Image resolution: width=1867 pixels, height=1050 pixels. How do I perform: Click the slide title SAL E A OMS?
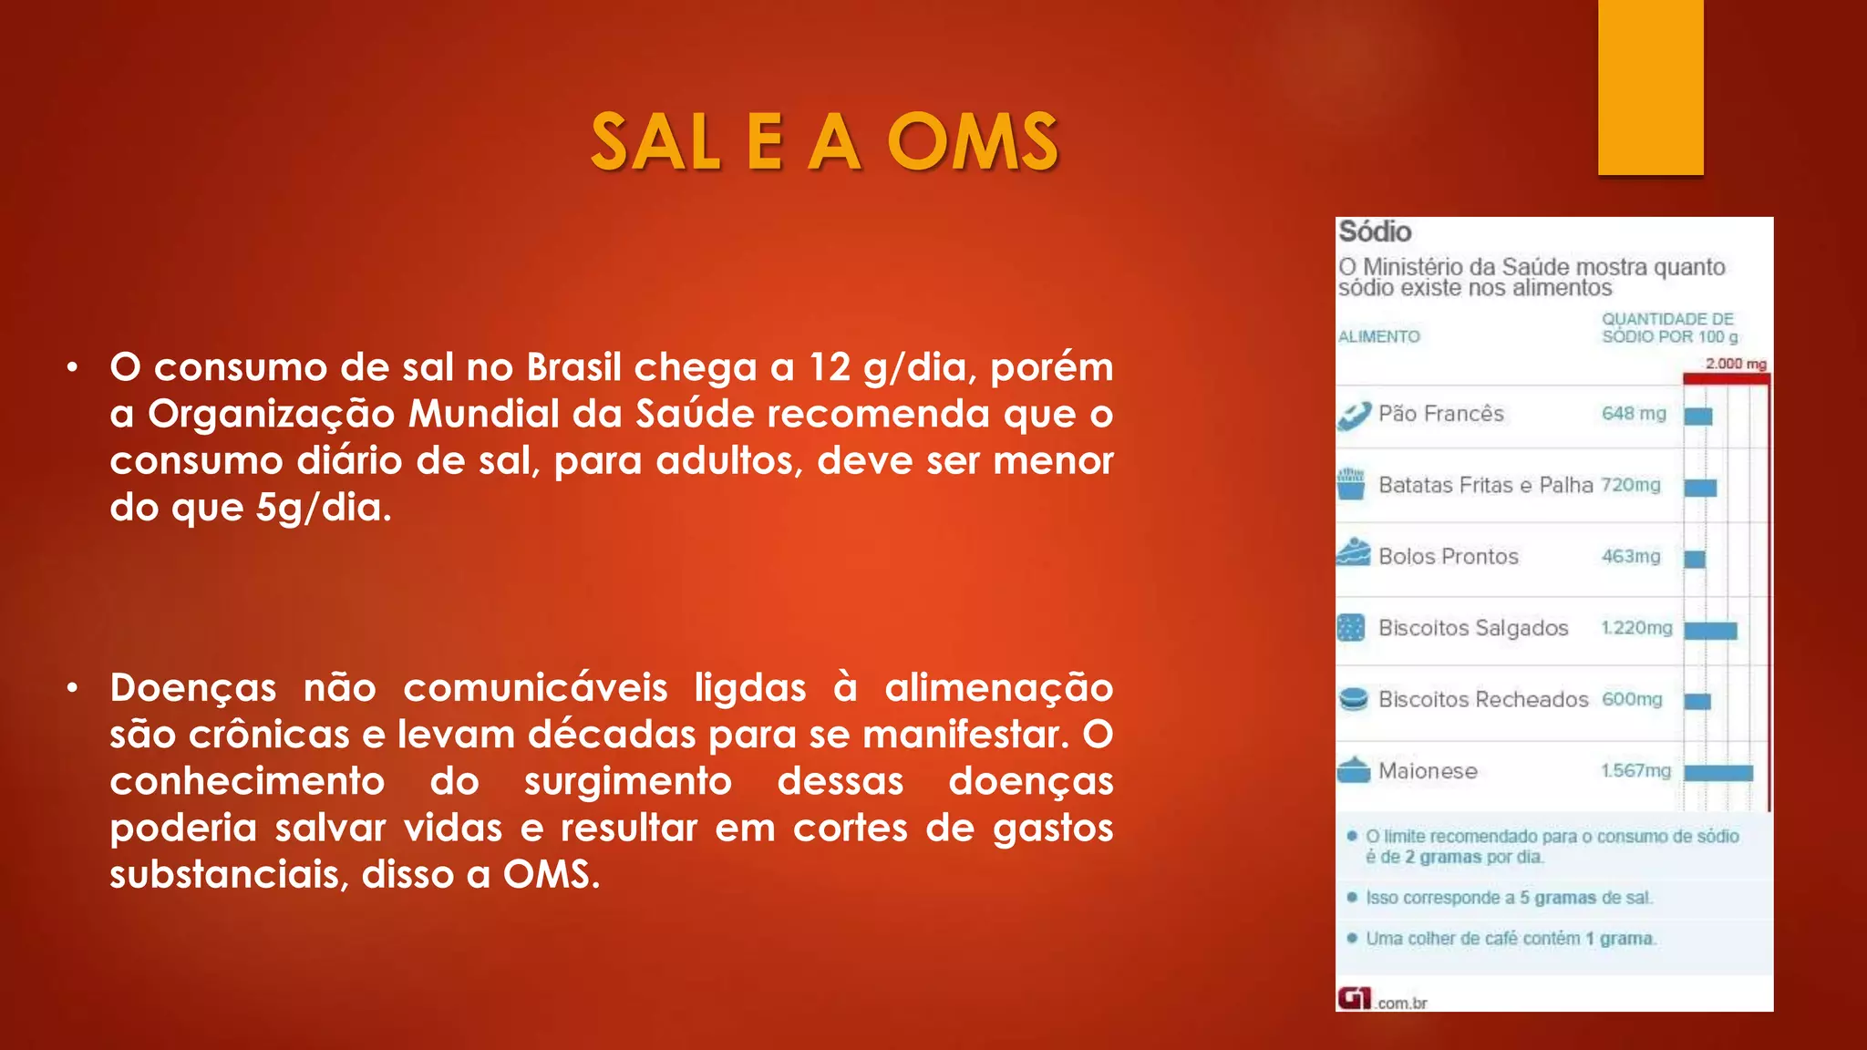(x=824, y=142)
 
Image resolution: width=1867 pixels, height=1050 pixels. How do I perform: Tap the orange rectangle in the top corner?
(x=1650, y=87)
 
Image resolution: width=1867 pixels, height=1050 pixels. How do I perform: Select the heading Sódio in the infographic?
(x=1375, y=232)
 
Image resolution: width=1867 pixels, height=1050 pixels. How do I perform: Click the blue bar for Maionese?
(x=1718, y=773)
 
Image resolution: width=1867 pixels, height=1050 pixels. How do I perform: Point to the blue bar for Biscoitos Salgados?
(x=1710, y=630)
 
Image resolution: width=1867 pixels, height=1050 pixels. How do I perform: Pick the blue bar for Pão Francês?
(x=1698, y=417)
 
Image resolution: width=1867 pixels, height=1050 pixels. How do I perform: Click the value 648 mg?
(x=1634, y=414)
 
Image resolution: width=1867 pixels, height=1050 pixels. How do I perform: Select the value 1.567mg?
(x=1636, y=771)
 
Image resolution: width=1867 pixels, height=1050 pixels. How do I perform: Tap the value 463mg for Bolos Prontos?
(x=1631, y=556)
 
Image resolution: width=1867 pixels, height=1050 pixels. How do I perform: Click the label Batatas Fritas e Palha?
(x=1485, y=485)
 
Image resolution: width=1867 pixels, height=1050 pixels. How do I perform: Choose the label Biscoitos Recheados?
(x=1483, y=699)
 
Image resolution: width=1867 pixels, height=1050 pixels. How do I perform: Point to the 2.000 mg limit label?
(x=1736, y=364)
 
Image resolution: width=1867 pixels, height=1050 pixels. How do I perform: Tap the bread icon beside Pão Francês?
(x=1354, y=416)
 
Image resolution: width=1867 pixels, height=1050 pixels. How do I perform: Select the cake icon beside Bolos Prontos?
(x=1354, y=553)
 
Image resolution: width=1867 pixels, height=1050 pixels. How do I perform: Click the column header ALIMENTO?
(x=1379, y=336)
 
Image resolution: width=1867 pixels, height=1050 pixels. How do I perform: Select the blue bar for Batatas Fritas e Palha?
(x=1700, y=488)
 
